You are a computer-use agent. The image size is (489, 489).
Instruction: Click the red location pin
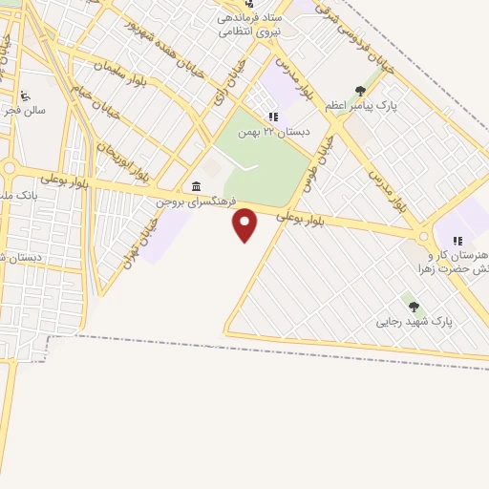coord(245,224)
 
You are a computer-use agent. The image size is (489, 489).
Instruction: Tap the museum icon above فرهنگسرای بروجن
coord(196,186)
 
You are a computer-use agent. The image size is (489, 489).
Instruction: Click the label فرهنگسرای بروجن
coord(196,203)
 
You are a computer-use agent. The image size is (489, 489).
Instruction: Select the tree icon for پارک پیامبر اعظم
coord(360,92)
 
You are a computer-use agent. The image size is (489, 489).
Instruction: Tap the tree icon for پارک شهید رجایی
coord(414,307)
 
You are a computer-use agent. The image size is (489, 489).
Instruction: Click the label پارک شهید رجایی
coord(415,321)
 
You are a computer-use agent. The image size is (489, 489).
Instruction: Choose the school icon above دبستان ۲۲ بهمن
coord(273,117)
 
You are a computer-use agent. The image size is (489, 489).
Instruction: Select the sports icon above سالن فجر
coord(25,95)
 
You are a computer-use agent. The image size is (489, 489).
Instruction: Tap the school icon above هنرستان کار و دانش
coord(457,241)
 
